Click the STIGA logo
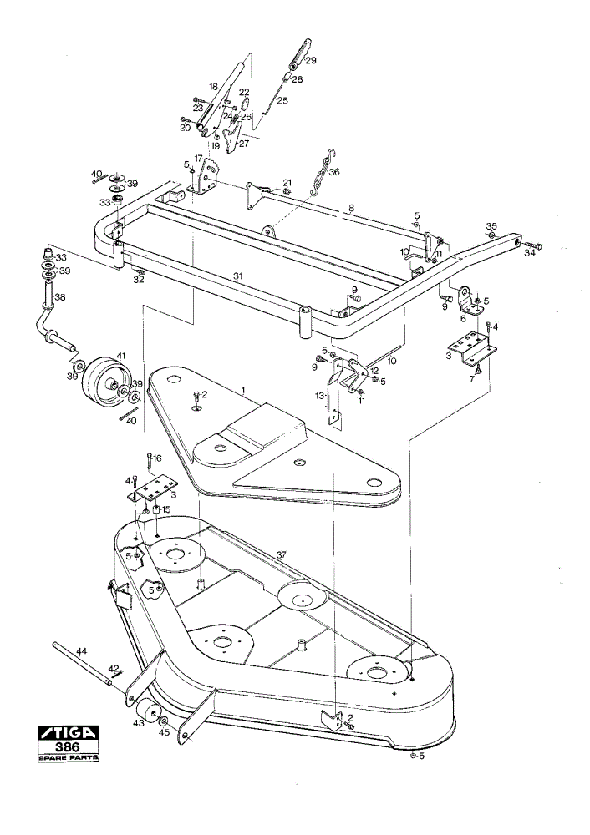pyautogui.click(x=69, y=733)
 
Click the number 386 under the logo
pyautogui.click(x=69, y=747)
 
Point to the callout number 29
pyautogui.click(x=310, y=60)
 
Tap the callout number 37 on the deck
pyautogui.click(x=281, y=555)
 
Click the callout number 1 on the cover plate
pyautogui.click(x=243, y=390)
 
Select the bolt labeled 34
pyautogui.click(x=533, y=246)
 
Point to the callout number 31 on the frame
pyautogui.click(x=238, y=276)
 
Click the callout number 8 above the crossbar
pyautogui.click(x=351, y=209)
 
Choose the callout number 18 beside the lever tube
pyautogui.click(x=213, y=86)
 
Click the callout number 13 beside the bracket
pyautogui.click(x=320, y=396)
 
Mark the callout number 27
pyautogui.click(x=244, y=144)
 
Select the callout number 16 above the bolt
pyautogui.click(x=157, y=458)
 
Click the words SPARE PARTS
pyautogui.click(x=69, y=758)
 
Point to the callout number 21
pyautogui.click(x=287, y=183)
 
